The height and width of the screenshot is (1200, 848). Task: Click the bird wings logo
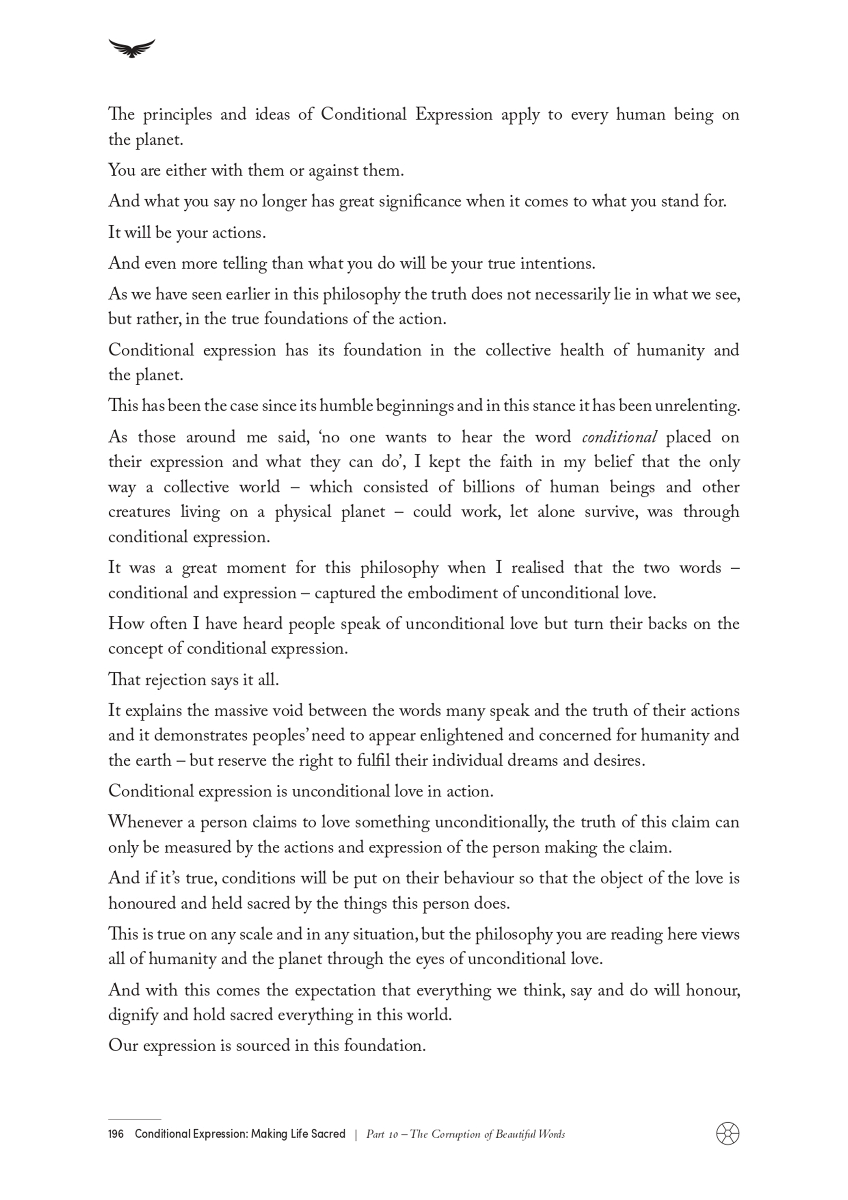132,48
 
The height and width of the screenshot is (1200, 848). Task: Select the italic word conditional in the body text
619,437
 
